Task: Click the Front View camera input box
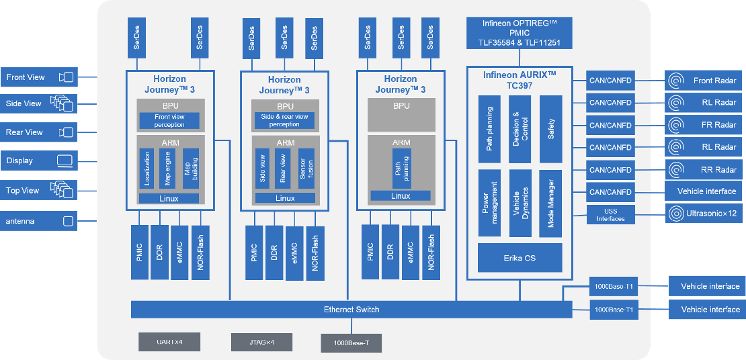tap(38, 77)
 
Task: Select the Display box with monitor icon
tap(38, 161)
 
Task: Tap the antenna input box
tap(38, 221)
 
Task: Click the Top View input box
tap(38, 190)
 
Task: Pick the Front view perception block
tap(169, 121)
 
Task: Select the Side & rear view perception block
tap(284, 121)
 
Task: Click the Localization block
tap(147, 169)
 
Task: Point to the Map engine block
tap(167, 169)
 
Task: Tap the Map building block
tap(192, 169)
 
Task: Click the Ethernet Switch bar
tap(351, 310)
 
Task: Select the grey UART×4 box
tap(169, 341)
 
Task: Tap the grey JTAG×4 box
tap(261, 341)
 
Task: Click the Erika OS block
tap(520, 258)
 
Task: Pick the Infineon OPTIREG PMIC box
tap(519, 33)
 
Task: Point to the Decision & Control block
tap(520, 129)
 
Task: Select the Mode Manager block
tap(550, 204)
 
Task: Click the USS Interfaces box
tap(610, 214)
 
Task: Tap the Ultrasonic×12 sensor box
tap(703, 214)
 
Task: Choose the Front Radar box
tap(703, 81)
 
